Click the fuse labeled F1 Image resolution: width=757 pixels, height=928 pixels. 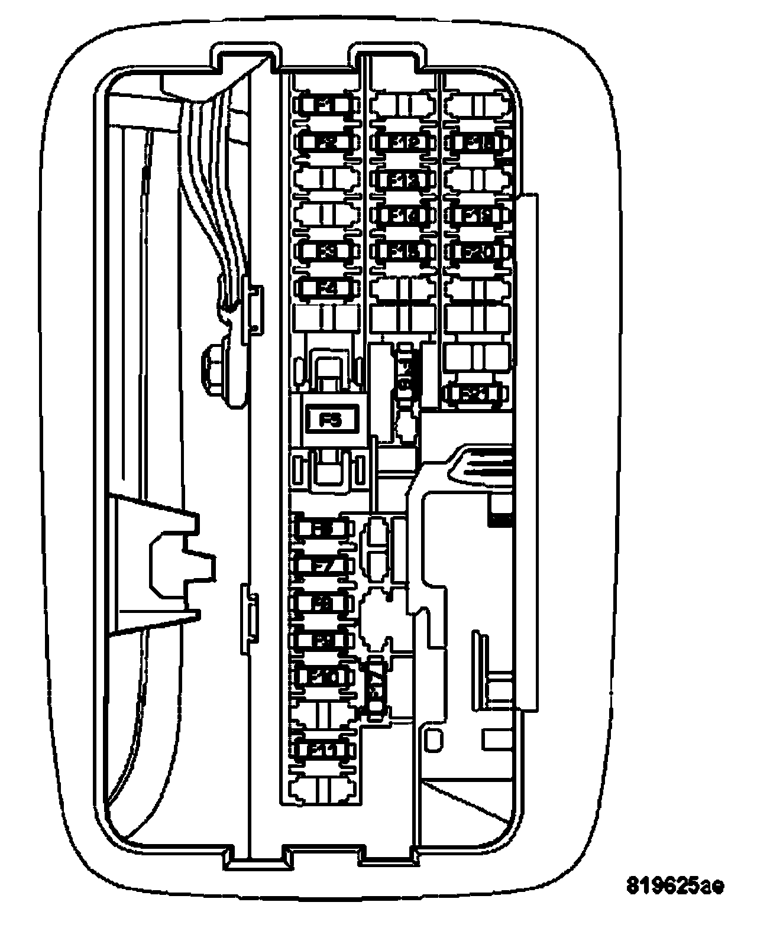pyautogui.click(x=326, y=105)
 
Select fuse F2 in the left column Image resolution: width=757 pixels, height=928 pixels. pyautogui.click(x=326, y=142)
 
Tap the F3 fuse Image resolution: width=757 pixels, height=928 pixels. pyautogui.click(x=326, y=251)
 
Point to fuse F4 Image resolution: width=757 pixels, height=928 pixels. pyautogui.click(x=326, y=288)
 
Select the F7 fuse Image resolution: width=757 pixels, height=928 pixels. pyautogui.click(x=323, y=566)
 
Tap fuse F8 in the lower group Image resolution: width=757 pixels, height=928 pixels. pyautogui.click(x=323, y=603)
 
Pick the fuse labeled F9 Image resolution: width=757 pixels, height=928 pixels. pyautogui.click(x=323, y=640)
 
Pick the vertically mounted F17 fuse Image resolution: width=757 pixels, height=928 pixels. pyautogui.click(x=377, y=687)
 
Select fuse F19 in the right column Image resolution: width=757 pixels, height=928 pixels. pyautogui.click(x=478, y=215)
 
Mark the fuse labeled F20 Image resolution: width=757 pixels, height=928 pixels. pyautogui.click(x=478, y=252)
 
